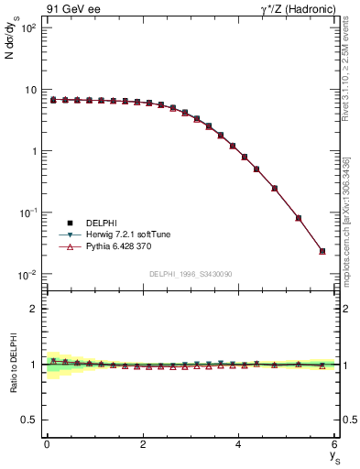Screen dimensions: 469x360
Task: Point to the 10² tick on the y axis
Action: coord(27,28)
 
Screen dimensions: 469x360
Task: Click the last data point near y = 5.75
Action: coord(322,251)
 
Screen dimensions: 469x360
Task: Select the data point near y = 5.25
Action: coord(299,218)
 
